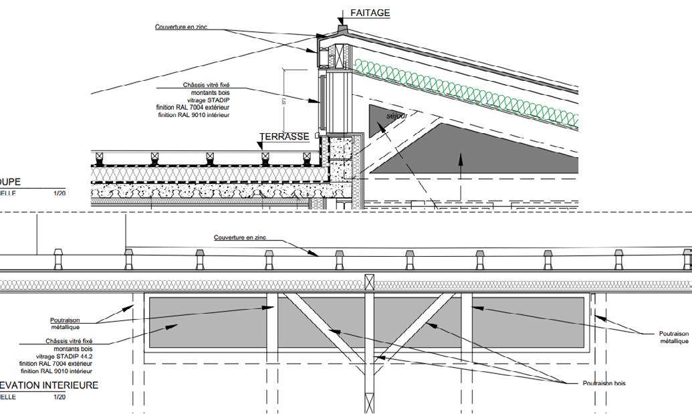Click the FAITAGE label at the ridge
[x=370, y=13]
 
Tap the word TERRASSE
[x=284, y=137]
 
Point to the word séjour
[x=396, y=116]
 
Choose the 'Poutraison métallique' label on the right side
[x=673, y=337]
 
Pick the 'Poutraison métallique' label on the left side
[x=65, y=324]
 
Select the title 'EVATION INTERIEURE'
[x=49, y=385]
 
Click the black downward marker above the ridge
[x=342, y=14]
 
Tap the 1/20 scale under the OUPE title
[x=60, y=193]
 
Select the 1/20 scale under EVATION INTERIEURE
[x=60, y=397]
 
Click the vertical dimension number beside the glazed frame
[x=283, y=100]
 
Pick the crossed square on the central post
[x=368, y=282]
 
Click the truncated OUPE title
[x=10, y=182]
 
